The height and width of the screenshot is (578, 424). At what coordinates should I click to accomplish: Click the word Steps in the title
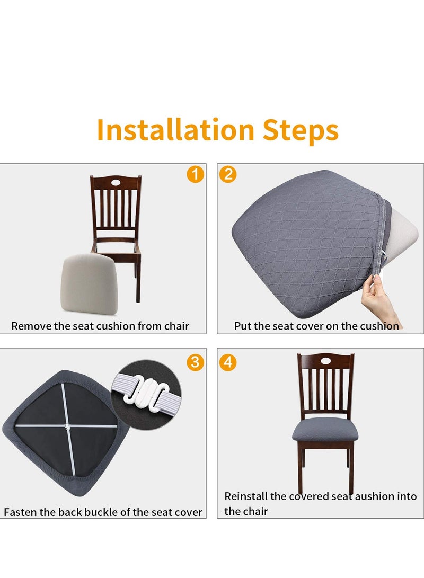click(x=300, y=130)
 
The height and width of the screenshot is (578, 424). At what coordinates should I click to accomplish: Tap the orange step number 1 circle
click(x=195, y=174)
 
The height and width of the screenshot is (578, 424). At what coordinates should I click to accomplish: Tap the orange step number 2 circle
click(x=228, y=174)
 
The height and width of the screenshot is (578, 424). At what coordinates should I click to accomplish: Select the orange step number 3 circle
click(x=195, y=362)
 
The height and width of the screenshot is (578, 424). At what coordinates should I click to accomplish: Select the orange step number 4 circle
click(x=228, y=362)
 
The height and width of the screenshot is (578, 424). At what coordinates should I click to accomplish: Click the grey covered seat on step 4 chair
click(x=325, y=429)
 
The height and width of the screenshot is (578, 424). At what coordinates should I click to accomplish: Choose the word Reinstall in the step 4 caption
click(x=246, y=496)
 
